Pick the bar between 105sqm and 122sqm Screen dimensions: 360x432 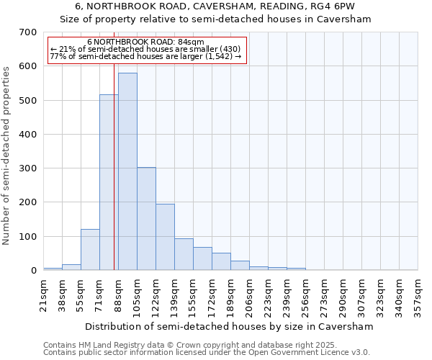[146, 219]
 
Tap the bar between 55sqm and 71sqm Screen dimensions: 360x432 [90, 250]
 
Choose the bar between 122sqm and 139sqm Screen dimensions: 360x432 [165, 237]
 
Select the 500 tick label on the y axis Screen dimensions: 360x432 [28, 100]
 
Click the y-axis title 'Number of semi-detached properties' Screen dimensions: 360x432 [7, 155]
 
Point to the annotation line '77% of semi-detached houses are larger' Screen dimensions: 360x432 [146, 56]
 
